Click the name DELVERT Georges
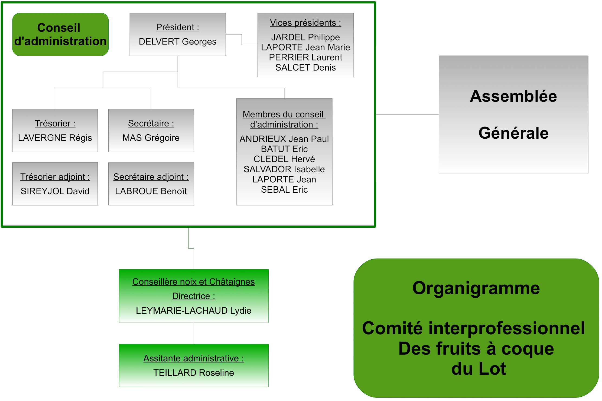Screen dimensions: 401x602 [x=177, y=42]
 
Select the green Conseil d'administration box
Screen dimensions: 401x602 [x=60, y=34]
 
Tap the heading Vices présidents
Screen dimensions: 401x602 [x=305, y=23]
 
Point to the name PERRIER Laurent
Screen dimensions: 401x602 [x=305, y=58]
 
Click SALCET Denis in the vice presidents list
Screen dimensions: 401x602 [x=305, y=68]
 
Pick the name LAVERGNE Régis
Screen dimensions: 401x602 [x=55, y=138]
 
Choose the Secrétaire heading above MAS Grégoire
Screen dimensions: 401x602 [x=151, y=123]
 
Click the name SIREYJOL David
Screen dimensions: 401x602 [x=55, y=191]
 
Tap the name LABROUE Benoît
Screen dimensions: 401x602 [x=151, y=191]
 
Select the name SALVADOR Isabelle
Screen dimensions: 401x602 [x=284, y=169]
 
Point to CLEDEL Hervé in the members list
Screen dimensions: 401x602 [x=284, y=159]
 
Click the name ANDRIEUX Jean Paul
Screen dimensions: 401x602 [x=284, y=139]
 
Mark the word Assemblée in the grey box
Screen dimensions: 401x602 [x=513, y=96]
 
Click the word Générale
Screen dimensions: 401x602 [x=513, y=133]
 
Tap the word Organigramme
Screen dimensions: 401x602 [x=476, y=288]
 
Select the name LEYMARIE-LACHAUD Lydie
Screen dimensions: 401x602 [x=193, y=311]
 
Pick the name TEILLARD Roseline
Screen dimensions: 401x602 [x=193, y=373]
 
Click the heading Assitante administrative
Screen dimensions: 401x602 [x=193, y=358]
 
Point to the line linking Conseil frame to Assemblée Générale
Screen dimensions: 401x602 [x=407, y=114]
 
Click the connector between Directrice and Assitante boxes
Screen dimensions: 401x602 [x=194, y=333]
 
